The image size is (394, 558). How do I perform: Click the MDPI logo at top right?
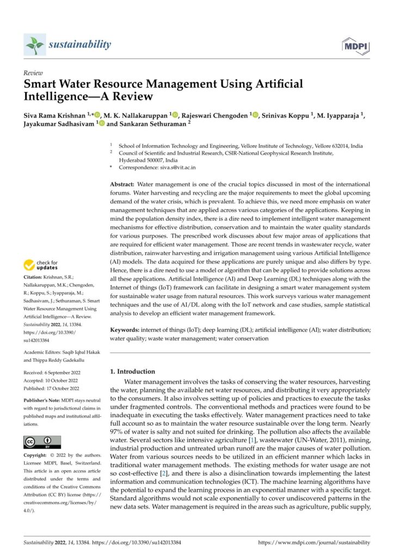355,46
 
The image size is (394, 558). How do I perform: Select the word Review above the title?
34,73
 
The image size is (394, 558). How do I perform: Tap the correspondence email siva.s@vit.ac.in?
176,168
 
